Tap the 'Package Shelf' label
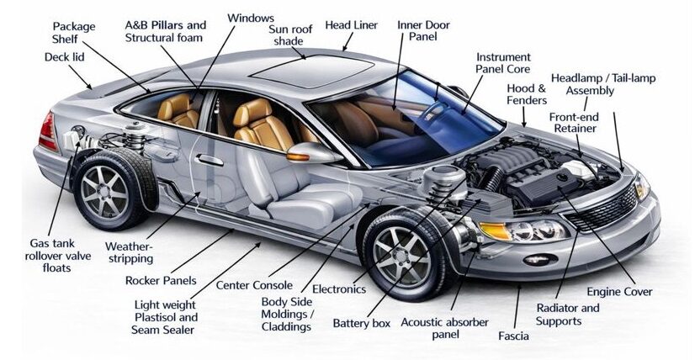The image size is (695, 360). click(75, 33)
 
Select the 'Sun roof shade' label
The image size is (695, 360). click(291, 35)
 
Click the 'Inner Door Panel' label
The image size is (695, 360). click(423, 31)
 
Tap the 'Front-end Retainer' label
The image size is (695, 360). click(573, 123)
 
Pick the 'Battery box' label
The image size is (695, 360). click(360, 322)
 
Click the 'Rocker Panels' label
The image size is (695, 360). click(161, 280)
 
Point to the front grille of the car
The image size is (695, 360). click(604, 209)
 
